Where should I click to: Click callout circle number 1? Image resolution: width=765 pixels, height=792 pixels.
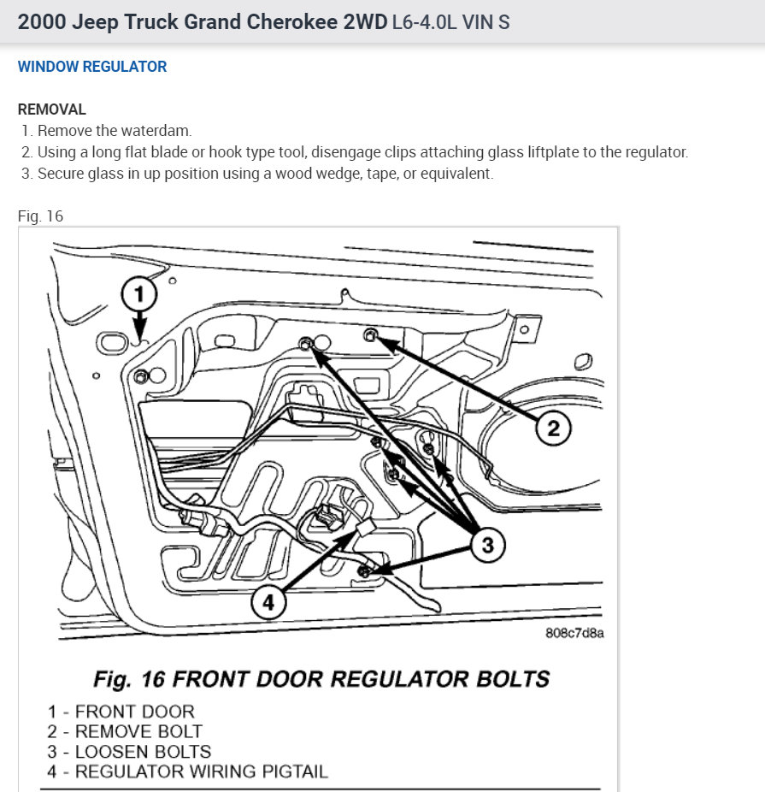tap(139, 296)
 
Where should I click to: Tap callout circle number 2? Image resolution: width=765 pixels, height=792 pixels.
tap(553, 428)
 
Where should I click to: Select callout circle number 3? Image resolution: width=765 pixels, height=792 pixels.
tap(487, 545)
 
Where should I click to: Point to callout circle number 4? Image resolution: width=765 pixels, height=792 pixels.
tap(268, 602)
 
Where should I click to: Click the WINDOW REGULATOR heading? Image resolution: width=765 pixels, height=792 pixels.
tap(92, 67)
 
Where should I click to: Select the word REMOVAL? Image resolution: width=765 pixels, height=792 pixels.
tap(52, 109)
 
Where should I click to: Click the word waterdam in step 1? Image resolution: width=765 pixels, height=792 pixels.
tap(162, 131)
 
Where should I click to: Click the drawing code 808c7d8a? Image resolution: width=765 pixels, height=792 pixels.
tap(574, 634)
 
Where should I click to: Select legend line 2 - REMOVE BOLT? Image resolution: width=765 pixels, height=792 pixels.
tap(126, 731)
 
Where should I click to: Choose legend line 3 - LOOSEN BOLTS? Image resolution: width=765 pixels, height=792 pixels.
tap(130, 752)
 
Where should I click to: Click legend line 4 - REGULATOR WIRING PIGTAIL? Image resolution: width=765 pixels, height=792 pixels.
tap(188, 771)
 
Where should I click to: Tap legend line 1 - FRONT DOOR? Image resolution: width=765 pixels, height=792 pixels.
tap(121, 711)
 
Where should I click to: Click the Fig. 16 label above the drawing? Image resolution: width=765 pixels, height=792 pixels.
tap(40, 216)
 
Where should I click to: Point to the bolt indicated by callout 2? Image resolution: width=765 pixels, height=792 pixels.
tap(371, 334)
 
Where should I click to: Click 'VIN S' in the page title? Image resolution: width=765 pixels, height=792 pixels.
tap(485, 22)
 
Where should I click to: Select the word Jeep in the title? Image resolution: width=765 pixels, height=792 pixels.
tap(95, 22)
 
